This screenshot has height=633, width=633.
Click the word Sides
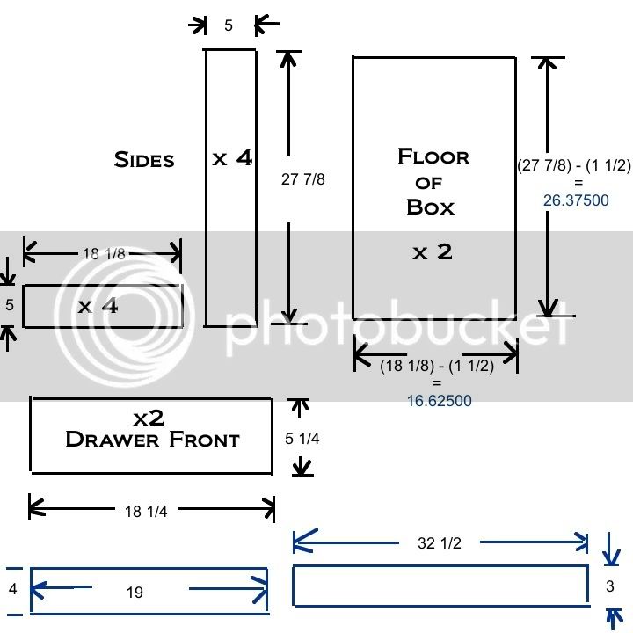144,159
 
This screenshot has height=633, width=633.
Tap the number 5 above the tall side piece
229,25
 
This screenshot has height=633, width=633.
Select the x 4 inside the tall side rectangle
232,158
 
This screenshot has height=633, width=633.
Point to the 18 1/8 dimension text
103,254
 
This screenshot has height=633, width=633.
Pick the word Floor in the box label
433,156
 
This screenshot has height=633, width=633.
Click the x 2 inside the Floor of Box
432,252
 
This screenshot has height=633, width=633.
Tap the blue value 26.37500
576,200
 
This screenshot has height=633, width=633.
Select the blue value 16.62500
439,401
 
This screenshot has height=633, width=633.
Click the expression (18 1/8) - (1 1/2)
437,367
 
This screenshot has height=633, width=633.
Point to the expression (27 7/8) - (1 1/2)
573,164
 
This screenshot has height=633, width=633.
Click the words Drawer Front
152,439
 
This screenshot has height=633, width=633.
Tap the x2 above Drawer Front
149,416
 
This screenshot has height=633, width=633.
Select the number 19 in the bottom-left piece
134,593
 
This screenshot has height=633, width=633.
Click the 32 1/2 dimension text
439,543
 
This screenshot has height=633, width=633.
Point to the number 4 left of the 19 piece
12,588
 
